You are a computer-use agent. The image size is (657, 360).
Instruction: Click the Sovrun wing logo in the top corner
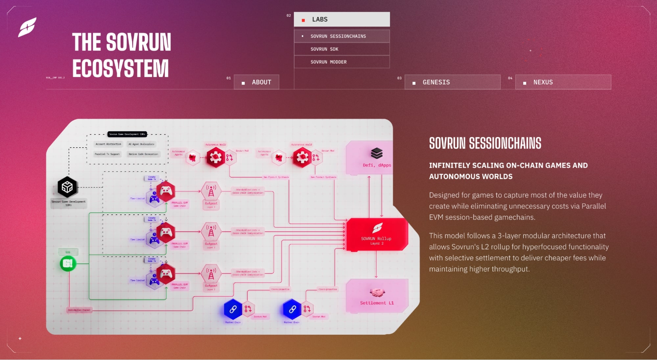click(x=27, y=27)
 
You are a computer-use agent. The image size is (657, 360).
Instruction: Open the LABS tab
click(x=342, y=19)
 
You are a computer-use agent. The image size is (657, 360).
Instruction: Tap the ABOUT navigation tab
click(x=257, y=82)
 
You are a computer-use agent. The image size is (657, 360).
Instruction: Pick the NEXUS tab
click(x=563, y=82)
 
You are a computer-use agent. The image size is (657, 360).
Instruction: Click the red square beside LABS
click(x=303, y=20)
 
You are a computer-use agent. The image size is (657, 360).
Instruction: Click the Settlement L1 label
click(x=377, y=303)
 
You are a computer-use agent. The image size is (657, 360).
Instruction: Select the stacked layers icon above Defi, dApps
click(x=377, y=153)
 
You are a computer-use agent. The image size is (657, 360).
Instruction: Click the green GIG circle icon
click(x=68, y=263)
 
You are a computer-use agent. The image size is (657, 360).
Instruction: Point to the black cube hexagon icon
click(x=67, y=187)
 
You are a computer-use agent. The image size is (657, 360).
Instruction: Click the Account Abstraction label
click(x=108, y=144)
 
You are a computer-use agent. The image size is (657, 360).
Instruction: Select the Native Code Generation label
click(x=143, y=154)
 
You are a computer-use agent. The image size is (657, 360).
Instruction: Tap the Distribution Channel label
click(x=79, y=310)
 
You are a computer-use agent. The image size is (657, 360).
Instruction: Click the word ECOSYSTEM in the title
click(x=120, y=68)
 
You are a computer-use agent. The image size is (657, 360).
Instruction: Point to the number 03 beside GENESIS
click(x=399, y=78)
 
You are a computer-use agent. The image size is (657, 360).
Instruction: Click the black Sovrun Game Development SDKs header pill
click(x=127, y=134)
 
